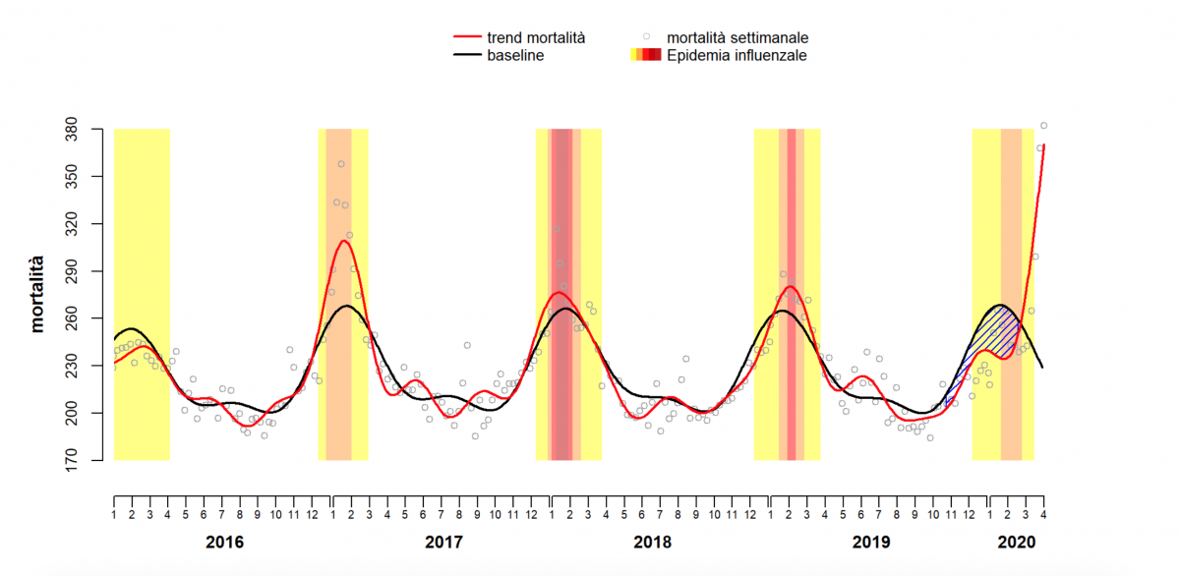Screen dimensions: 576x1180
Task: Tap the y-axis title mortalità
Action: pyautogui.click(x=38, y=294)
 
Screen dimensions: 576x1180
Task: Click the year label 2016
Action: pyautogui.click(x=224, y=542)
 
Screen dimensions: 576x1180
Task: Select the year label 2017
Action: pyautogui.click(x=443, y=542)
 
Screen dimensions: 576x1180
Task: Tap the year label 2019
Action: pyautogui.click(x=870, y=542)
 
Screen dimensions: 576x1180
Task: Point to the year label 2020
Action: pyautogui.click(x=1017, y=542)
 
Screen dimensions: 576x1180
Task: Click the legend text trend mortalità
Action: pyautogui.click(x=536, y=37)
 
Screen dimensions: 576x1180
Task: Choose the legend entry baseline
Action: pyautogui.click(x=515, y=56)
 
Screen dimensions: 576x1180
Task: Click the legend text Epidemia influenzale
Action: pyautogui.click(x=737, y=56)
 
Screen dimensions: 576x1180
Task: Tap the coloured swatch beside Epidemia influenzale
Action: pyautogui.click(x=645, y=56)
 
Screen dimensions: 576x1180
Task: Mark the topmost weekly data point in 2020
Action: pyautogui.click(x=1044, y=126)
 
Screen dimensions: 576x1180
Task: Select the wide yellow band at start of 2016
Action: pyautogui.click(x=142, y=295)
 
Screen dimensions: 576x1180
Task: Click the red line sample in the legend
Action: pyautogui.click(x=465, y=37)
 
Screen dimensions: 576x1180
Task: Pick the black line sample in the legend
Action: pyautogui.click(x=465, y=56)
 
